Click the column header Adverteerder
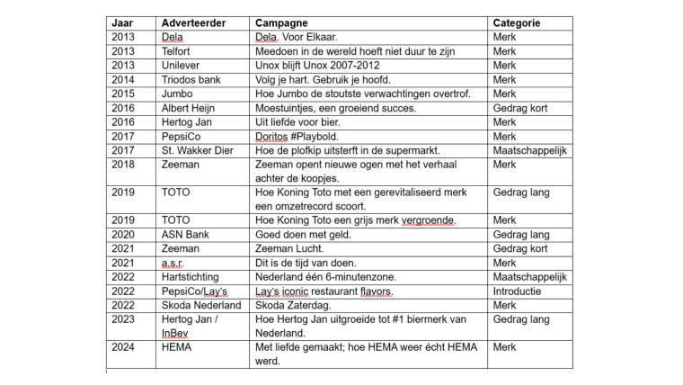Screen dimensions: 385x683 (x=193, y=22)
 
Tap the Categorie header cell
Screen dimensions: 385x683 (x=517, y=22)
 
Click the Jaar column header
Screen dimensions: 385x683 (x=122, y=22)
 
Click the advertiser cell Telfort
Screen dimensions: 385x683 (x=178, y=51)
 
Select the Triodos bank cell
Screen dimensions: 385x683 (x=191, y=80)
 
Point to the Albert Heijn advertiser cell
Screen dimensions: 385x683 (x=191, y=108)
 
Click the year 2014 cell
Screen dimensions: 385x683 (x=125, y=80)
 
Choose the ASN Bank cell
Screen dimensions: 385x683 (x=186, y=234)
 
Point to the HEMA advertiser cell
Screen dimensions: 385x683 (x=178, y=347)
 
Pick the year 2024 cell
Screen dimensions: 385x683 (x=125, y=347)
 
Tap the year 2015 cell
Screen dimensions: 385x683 (x=125, y=94)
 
